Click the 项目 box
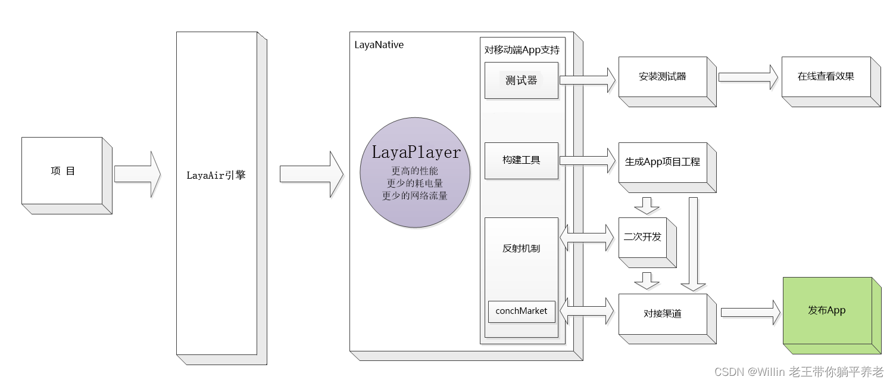(63, 172)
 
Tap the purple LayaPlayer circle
(415, 173)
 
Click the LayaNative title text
(379, 45)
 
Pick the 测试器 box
(522, 80)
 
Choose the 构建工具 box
(522, 160)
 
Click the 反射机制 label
(522, 248)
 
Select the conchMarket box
(522, 311)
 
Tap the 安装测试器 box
(663, 77)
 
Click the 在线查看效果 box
(826, 77)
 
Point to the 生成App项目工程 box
(663, 162)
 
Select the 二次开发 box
(642, 237)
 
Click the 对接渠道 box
(663, 314)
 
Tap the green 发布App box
(827, 310)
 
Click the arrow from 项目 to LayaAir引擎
(138, 174)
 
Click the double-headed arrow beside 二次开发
(587, 238)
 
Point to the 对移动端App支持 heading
(522, 50)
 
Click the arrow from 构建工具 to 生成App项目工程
(587, 160)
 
